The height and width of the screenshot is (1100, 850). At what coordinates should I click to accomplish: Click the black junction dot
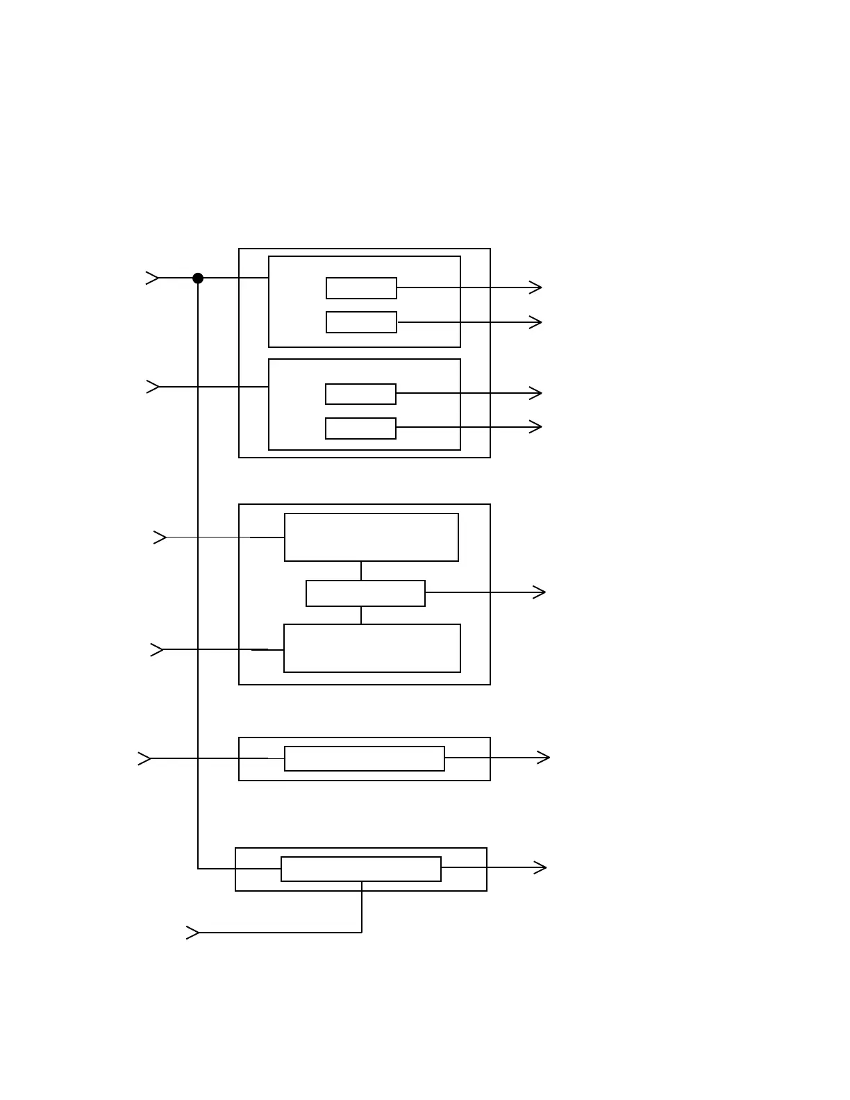coord(198,278)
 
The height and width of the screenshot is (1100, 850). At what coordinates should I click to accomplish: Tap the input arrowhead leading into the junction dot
coord(153,278)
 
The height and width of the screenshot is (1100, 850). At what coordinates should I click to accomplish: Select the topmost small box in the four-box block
coord(361,288)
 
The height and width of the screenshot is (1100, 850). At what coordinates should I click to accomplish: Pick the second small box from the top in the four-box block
coord(361,322)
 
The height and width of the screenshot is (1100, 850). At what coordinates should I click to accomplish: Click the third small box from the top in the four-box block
coord(360,394)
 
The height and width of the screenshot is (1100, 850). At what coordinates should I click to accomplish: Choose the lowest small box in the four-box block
coord(360,428)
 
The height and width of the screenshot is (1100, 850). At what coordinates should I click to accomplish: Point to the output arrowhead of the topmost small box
coord(535,287)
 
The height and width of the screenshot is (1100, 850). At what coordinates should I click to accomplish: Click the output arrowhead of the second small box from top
coord(535,322)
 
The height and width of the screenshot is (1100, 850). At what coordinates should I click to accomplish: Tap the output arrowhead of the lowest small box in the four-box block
coord(535,427)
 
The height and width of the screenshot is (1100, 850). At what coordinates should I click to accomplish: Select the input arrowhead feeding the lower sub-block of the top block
coord(153,387)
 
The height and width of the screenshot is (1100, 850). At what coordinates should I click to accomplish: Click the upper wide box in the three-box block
coord(372,537)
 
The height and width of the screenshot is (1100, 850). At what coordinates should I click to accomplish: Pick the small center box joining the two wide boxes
coord(365,594)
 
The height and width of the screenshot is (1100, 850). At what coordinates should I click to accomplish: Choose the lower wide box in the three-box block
coord(372,649)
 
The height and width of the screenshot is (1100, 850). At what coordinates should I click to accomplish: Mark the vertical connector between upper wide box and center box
coord(361,571)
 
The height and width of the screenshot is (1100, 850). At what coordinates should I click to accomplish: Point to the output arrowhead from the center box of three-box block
coord(539,592)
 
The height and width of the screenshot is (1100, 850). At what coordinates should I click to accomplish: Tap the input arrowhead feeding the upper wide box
coord(160,537)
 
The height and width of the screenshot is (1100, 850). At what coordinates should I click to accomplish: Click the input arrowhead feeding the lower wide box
coord(158,650)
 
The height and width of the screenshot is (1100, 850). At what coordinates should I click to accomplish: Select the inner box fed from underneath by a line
coord(361,869)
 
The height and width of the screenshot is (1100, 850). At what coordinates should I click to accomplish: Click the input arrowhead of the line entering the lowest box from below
coord(193,933)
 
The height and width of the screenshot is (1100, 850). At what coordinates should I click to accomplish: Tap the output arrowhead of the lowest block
coord(540,867)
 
